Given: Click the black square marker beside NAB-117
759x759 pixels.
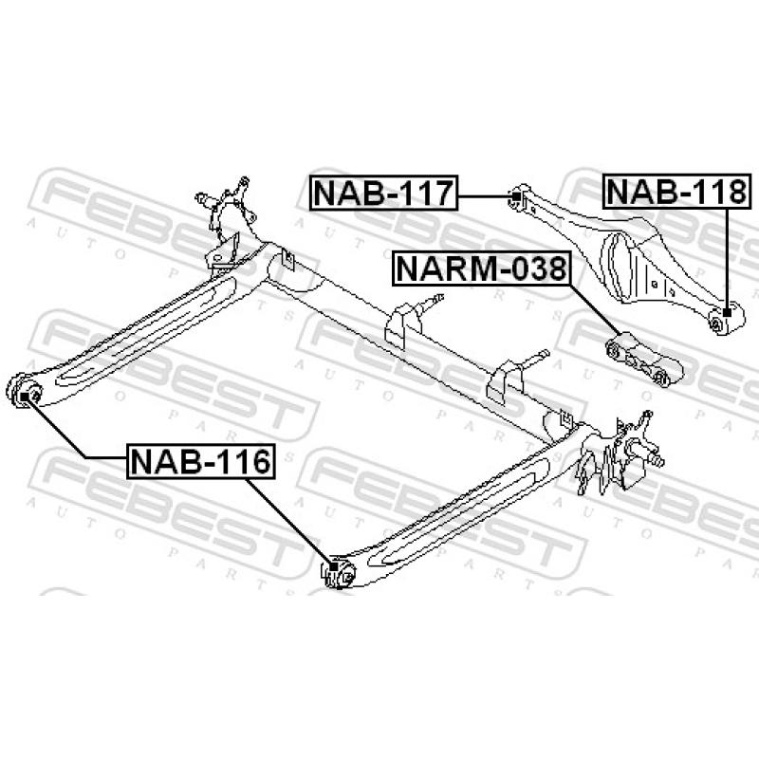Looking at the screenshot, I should coord(513,196).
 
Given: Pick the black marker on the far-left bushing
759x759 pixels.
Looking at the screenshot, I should coord(26,394).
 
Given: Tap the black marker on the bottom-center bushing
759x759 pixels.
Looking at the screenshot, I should coord(334,569).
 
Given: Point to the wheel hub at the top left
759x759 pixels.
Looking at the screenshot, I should coord(225,206).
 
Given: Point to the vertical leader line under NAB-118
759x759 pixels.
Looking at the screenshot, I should coord(727,256).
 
